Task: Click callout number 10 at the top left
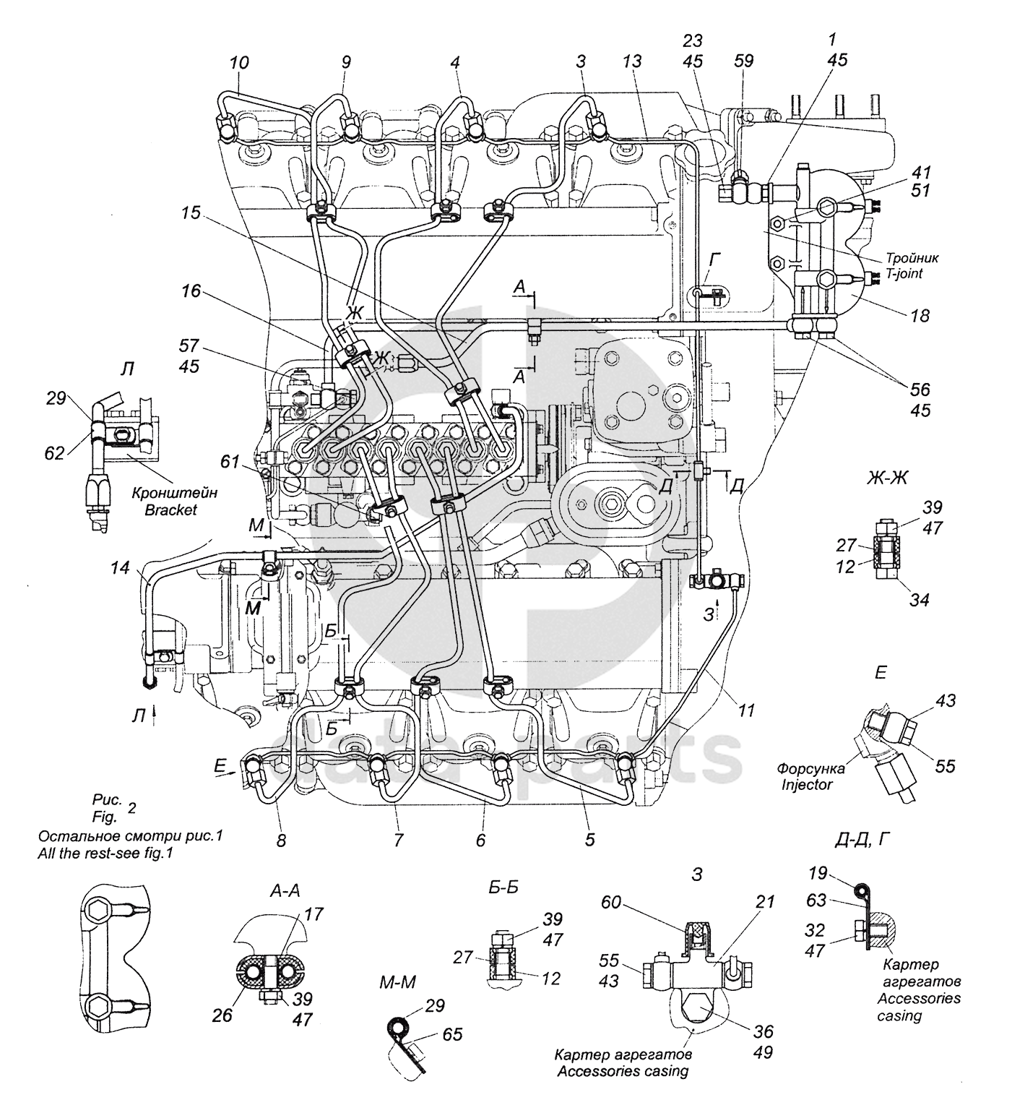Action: [239, 63]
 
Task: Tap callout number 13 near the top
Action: [632, 61]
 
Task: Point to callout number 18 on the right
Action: [920, 315]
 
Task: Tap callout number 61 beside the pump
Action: [230, 461]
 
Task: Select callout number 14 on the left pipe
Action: [121, 568]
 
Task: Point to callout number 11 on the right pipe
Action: [746, 711]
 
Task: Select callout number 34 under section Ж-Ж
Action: [920, 599]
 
